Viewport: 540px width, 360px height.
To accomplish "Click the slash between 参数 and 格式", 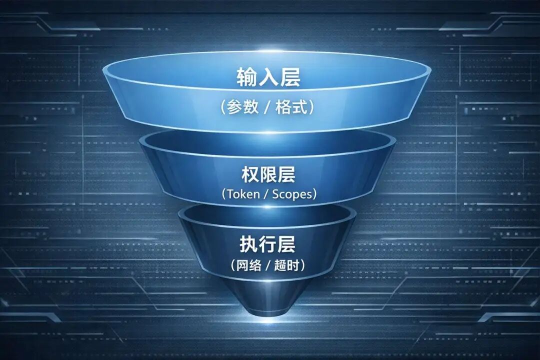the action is click(268, 108).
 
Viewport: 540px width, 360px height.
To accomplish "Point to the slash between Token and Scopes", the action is click(266, 194).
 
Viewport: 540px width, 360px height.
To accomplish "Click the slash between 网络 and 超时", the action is click(268, 265).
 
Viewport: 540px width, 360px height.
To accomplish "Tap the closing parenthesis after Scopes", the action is click(313, 194).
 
